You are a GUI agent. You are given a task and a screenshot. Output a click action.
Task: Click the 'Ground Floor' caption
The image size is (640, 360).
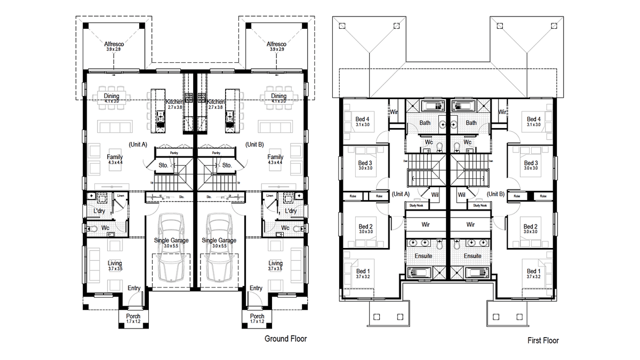[286, 339]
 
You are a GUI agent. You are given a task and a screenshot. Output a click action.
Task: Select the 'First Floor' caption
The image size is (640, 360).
[543, 340]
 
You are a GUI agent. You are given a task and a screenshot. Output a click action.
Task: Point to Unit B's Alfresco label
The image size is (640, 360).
[276, 44]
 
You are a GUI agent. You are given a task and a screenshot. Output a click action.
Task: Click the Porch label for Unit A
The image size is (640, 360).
[133, 316]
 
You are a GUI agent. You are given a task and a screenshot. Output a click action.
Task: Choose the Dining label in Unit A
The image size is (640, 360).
[111, 97]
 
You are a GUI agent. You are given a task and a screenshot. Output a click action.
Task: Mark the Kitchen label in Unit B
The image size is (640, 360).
[216, 101]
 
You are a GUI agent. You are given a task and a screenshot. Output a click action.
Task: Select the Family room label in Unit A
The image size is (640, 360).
[115, 157]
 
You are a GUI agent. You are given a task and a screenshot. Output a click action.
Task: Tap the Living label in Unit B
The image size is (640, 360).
[276, 263]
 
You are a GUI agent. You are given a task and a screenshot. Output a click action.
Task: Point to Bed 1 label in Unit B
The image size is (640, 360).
[533, 271]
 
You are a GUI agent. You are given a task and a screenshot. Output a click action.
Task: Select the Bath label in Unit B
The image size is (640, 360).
[471, 123]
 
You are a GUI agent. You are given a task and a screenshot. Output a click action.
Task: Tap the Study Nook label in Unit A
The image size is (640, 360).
[415, 205]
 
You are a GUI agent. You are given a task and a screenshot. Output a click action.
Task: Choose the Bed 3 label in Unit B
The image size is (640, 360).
[531, 163]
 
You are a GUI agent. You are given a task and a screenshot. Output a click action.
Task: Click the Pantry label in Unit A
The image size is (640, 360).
[174, 153]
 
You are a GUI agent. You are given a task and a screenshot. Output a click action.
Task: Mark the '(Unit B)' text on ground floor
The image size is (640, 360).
[254, 144]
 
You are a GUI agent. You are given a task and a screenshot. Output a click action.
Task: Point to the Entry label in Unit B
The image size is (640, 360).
[256, 288]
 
